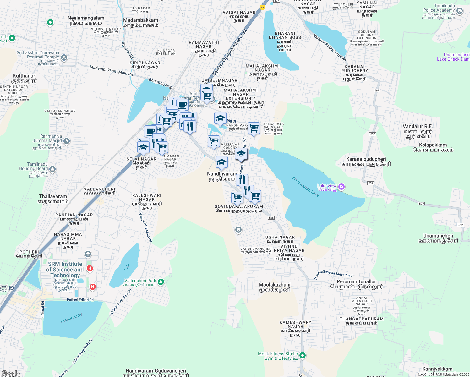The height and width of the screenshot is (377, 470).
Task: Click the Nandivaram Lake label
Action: (305, 187)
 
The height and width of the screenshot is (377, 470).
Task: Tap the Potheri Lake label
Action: (71, 318)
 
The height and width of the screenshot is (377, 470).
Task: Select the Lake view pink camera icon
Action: (342, 187)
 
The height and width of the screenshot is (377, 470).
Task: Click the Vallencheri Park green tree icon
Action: (161, 282)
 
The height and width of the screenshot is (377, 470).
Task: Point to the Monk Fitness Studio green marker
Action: (303, 356)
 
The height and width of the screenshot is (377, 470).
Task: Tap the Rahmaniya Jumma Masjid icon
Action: (67, 141)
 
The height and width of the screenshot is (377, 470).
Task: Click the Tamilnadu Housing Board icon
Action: (52, 169)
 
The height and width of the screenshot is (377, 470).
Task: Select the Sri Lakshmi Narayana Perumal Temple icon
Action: (64, 57)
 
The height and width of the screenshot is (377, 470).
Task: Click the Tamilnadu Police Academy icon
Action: (460, 11)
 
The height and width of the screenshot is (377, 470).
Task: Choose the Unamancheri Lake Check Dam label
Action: (453, 57)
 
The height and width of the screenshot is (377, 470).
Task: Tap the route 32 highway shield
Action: (262, 7)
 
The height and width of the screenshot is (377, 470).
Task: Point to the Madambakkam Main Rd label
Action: (111, 71)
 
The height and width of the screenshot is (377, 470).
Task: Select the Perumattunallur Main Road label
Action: (333, 274)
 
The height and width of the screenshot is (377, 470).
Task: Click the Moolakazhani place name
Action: (275, 285)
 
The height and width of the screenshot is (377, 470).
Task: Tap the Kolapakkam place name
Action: (433, 145)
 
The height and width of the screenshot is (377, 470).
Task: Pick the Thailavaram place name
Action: (53, 197)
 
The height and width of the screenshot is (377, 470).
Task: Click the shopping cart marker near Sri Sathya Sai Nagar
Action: (254, 128)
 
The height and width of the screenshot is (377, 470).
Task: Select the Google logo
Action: (10, 373)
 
